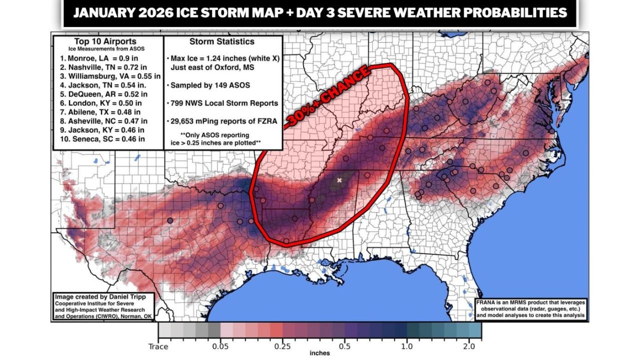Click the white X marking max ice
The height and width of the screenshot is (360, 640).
tap(339, 180)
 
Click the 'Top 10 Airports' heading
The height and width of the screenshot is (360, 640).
tap(108, 41)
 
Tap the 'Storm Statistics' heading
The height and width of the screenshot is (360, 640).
tap(221, 41)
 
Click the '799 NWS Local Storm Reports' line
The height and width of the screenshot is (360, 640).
tap(224, 103)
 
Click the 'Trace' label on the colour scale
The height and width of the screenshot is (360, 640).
tap(158, 346)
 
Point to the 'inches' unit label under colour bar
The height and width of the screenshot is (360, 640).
tap(319, 353)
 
